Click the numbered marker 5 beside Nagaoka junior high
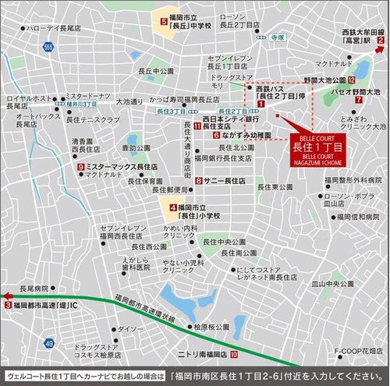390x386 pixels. tap(163, 22)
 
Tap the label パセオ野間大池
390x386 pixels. tap(356, 92)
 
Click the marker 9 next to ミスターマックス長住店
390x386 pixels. tap(80, 167)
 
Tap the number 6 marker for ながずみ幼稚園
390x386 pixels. tap(216, 135)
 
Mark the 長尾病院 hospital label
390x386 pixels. tap(34, 286)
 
